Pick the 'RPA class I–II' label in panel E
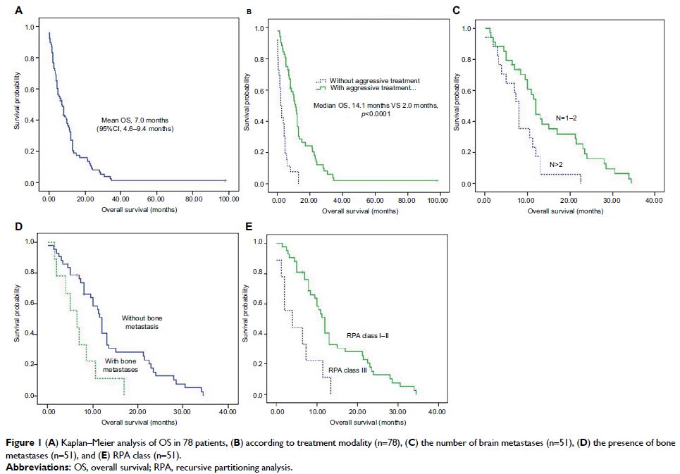(368, 336)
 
